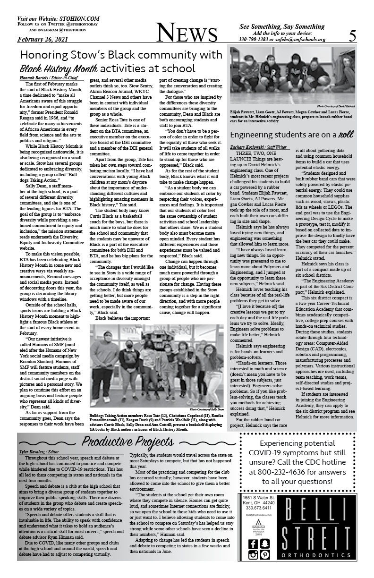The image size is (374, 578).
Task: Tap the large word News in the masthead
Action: pyautogui.click(x=187, y=34)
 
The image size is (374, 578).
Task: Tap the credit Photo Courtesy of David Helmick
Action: pyautogui.click(x=336, y=106)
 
